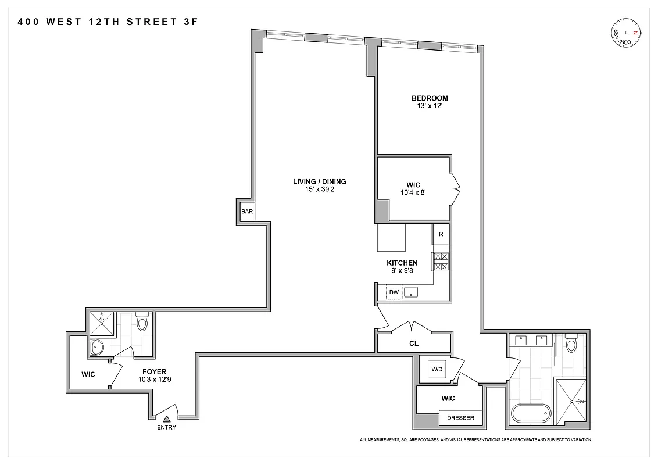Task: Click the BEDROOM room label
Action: tap(430, 98)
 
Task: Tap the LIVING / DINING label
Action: tap(319, 181)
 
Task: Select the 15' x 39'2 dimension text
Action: tap(319, 189)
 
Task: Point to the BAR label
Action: tap(247, 212)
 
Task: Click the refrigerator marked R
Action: tap(441, 234)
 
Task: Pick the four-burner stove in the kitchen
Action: tap(441, 262)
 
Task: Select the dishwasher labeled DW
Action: tap(394, 292)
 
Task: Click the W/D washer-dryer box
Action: tap(437, 369)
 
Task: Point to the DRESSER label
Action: tap(460, 418)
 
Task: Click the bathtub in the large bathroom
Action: tap(530, 414)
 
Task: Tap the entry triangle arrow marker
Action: tap(166, 419)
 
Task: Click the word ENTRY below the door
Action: tap(166, 428)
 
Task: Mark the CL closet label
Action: tap(414, 344)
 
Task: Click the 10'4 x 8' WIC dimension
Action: tap(413, 193)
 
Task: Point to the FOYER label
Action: tap(155, 371)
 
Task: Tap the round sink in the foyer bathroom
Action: tap(98, 348)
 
